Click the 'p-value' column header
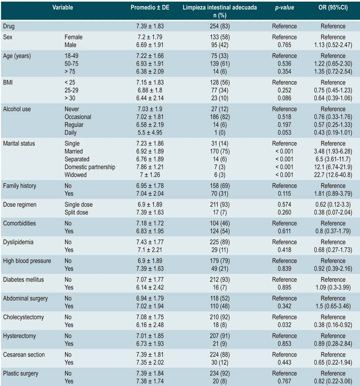tap(284, 7)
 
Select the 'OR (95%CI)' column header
tap(333, 7)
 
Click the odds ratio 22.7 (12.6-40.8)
tap(333, 175)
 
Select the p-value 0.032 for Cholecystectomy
tap(284, 325)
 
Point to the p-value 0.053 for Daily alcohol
tap(284, 132)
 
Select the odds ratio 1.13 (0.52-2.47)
tap(333, 45)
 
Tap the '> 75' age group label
tap(71, 71)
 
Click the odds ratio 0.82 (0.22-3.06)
tap(333, 381)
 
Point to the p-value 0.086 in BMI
tap(284, 98)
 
